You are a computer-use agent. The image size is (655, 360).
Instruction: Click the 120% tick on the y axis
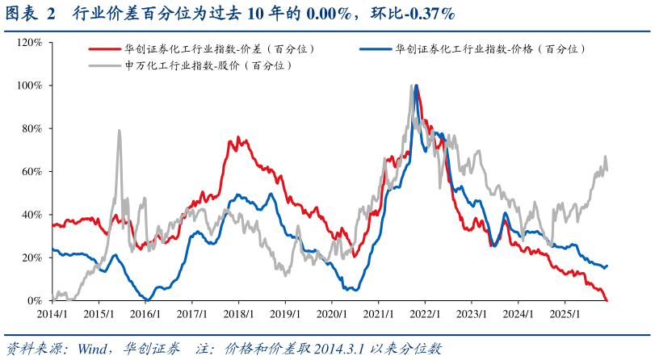coord(31,42)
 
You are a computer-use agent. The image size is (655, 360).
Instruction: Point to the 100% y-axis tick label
coord(31,85)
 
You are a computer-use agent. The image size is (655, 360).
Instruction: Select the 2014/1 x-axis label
coord(51,313)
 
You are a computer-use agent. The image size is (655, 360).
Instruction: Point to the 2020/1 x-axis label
coord(331,313)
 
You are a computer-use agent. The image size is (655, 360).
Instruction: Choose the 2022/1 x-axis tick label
coord(425,313)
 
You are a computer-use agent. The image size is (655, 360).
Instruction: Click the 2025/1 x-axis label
coord(565,313)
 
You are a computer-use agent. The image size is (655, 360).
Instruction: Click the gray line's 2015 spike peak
coord(120,130)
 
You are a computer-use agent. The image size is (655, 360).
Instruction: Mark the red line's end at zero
coord(607,299)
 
